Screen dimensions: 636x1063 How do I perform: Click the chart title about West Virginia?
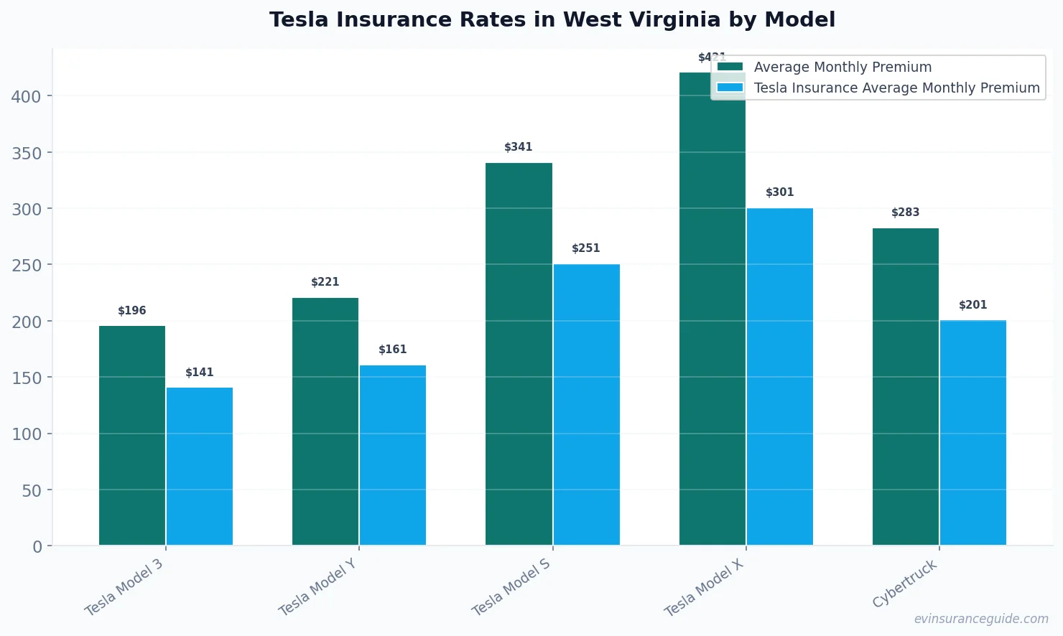552,19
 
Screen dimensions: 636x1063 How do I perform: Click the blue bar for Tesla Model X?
779,376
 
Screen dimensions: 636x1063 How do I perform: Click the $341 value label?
518,147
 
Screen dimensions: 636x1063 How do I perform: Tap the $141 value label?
199,373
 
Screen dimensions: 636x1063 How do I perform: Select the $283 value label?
905,212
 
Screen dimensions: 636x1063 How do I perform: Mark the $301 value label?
779,192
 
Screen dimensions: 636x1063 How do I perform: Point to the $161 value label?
392,350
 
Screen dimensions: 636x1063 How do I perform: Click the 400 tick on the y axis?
27,96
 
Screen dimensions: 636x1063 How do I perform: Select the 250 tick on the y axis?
27,265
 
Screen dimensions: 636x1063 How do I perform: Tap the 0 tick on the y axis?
37,547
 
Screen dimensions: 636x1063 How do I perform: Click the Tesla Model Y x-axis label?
317,588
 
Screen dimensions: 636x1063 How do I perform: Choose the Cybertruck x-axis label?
905,584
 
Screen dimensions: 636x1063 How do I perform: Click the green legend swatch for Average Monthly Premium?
730,67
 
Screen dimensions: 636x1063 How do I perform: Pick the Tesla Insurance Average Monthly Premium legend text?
896,88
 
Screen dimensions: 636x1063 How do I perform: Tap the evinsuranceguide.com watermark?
980,619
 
